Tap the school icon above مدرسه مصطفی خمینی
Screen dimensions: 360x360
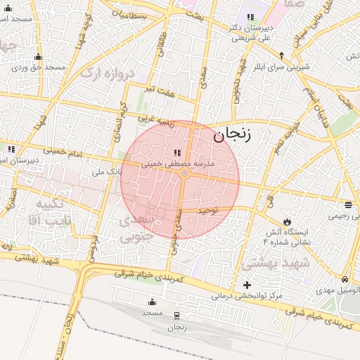point(176,153)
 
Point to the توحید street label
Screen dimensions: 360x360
point(208,210)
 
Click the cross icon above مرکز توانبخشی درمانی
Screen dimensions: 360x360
point(246,285)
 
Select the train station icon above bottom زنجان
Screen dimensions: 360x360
point(176,315)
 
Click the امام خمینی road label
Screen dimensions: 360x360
point(63,150)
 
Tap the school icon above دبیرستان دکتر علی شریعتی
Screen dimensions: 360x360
point(250,17)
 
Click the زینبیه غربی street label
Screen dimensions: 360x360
point(155,120)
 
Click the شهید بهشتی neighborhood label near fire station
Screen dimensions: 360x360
point(267,263)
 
